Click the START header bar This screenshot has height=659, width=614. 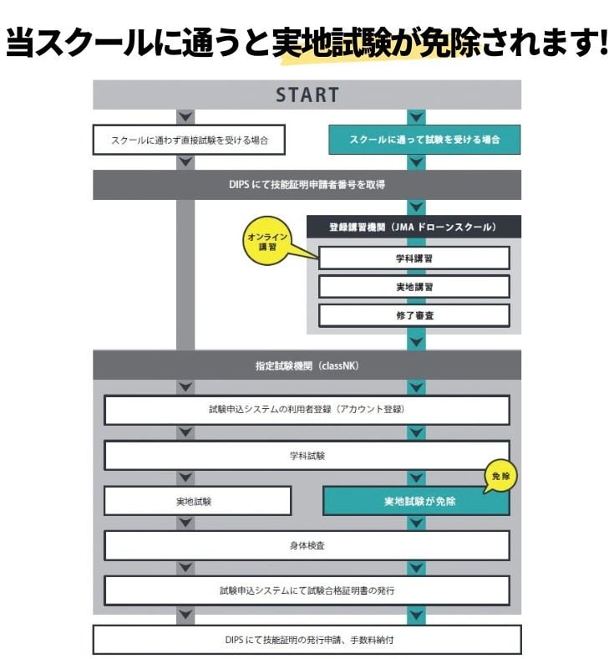(307, 95)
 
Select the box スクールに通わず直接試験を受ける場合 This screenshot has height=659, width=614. (189, 140)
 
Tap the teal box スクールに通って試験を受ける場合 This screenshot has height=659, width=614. (424, 140)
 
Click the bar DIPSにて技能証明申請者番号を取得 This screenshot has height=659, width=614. (307, 185)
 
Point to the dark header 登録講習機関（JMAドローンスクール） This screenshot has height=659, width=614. (414, 227)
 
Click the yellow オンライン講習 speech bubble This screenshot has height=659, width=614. (268, 242)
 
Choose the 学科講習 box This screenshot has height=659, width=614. (414, 258)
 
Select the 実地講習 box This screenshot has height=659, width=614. (414, 287)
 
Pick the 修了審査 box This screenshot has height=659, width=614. (414, 315)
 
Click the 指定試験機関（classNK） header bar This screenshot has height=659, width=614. (307, 365)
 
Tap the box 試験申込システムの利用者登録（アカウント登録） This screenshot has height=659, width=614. (307, 411)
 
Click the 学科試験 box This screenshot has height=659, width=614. (307, 456)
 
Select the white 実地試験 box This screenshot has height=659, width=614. (197, 501)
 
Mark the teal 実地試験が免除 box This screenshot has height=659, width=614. (415, 502)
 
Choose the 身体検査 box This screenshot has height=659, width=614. (307, 545)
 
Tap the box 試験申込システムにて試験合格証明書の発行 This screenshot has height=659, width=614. (307, 590)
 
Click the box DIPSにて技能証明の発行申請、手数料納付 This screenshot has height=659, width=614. (307, 640)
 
